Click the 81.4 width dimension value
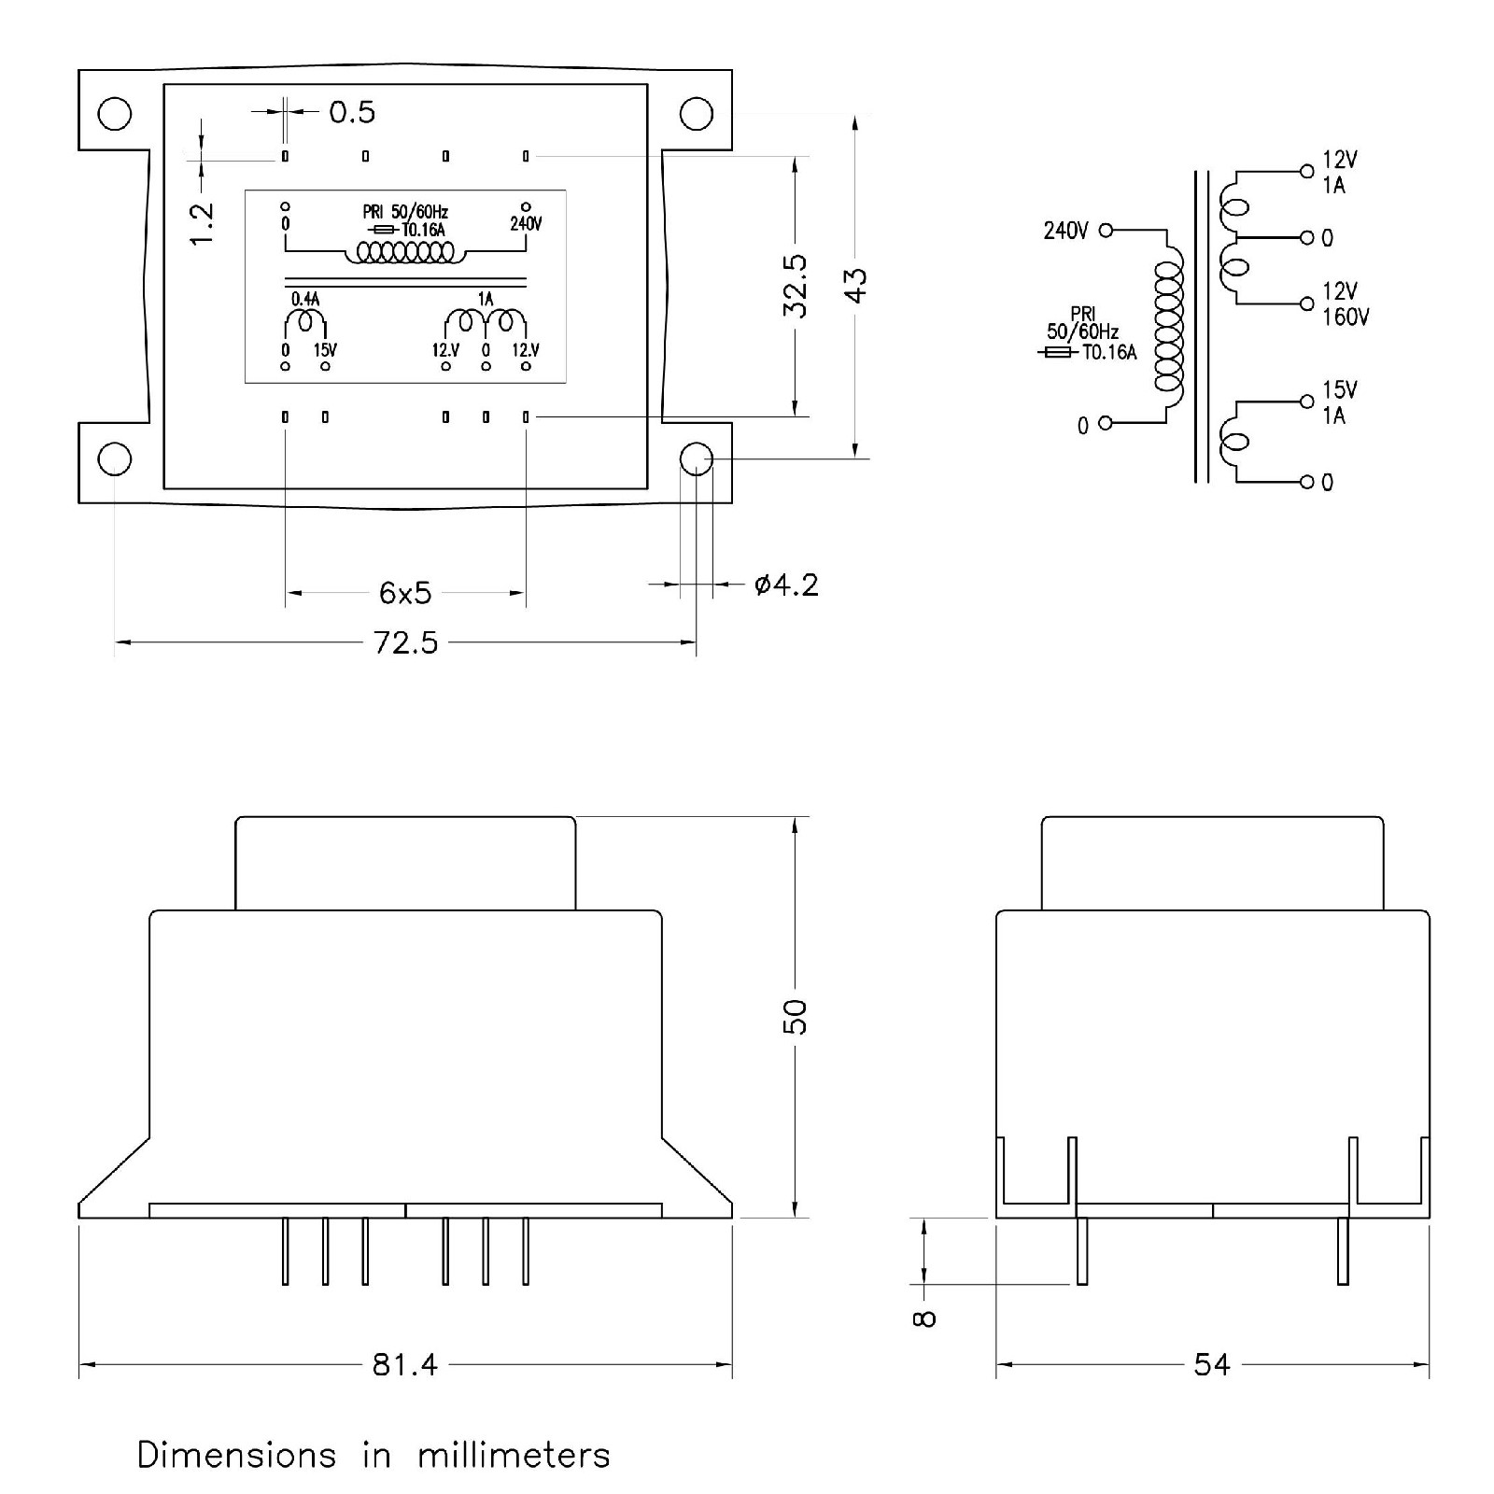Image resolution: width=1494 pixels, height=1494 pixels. pos(405,1365)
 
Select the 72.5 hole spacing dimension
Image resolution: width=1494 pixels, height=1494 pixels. pos(405,642)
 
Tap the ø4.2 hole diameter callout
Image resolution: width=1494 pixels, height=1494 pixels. pos(786,585)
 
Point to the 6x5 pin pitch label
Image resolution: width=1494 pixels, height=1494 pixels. pos(405,592)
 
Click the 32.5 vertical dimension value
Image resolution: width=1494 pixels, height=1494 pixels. pos(796,286)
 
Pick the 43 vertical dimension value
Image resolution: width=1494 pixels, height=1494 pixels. pos(855,284)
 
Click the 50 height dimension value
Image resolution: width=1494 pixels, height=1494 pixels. pos(795,1016)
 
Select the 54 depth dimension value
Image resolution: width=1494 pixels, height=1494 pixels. pos(1212,1365)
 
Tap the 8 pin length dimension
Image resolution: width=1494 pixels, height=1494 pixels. pos(924,1318)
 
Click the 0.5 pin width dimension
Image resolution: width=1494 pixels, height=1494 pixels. pos(352,112)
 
